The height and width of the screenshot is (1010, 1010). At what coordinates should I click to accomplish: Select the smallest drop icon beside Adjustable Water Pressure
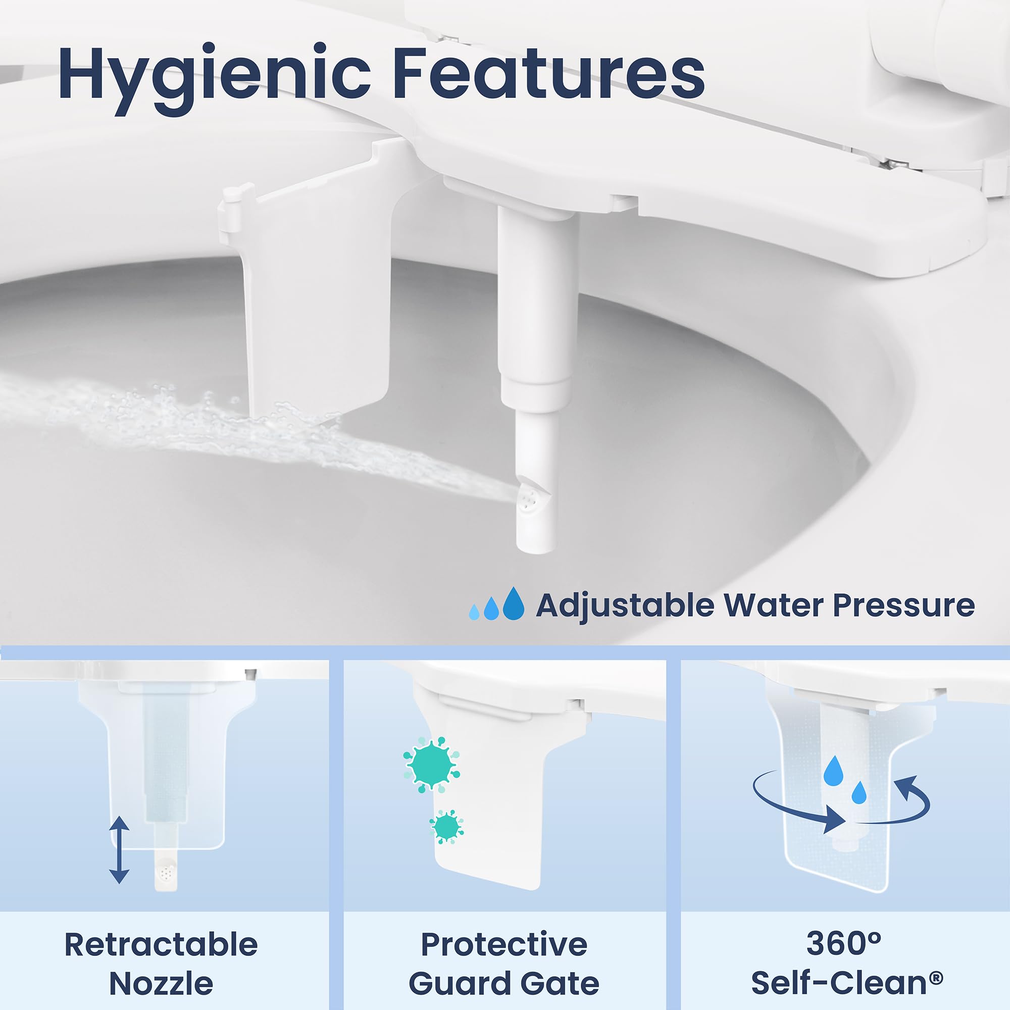[474, 612]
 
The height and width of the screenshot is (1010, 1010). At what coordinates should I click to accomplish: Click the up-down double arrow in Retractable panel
[119, 849]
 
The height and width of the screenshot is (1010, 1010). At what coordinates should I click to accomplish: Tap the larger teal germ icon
[431, 765]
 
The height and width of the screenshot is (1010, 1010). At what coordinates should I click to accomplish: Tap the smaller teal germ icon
[446, 827]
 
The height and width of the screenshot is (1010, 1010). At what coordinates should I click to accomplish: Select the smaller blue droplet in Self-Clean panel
[859, 792]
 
